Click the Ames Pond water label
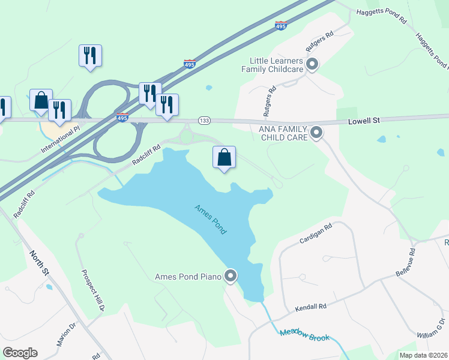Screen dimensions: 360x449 point(210,220)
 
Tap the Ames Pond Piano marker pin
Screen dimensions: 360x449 point(231,276)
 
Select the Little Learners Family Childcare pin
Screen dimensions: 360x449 point(312,64)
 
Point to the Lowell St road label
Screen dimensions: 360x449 point(364,121)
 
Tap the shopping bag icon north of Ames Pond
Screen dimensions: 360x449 point(224,158)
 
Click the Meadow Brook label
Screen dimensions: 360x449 point(304,334)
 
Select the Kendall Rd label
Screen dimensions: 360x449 point(310,308)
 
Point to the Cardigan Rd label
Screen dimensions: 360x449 point(316,235)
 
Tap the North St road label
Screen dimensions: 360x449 point(39,262)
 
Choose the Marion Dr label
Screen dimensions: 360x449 point(67,335)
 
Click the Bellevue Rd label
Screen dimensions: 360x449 point(405,262)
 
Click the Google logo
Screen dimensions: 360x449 point(20,353)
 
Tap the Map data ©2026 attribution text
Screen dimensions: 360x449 point(423,355)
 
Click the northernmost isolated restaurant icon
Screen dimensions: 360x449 point(90,56)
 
